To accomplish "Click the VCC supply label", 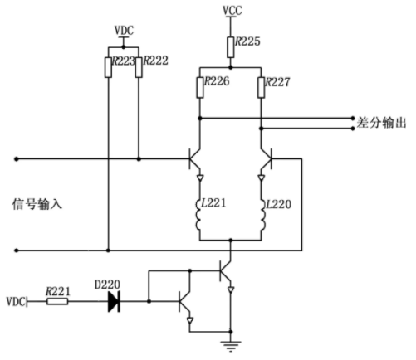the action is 232,11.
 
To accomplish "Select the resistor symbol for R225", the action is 230,47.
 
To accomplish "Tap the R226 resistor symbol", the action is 200,88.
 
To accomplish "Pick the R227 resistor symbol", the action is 261,88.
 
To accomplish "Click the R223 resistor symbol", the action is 108,67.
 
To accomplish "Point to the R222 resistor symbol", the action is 139,67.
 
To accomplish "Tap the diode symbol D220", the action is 114,301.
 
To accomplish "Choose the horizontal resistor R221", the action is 57,301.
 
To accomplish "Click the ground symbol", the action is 231,346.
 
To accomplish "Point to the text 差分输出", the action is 381,123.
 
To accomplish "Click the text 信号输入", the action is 37,204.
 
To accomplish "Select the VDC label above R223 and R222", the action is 124,30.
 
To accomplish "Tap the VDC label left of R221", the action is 16,301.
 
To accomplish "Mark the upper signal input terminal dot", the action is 17,159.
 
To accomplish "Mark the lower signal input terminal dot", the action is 17,251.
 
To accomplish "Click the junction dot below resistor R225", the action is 230,67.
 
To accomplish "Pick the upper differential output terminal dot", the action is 353,118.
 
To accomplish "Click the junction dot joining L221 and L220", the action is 231,241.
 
